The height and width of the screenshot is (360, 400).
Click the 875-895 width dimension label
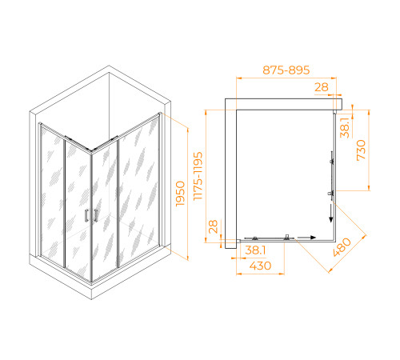(x=286, y=70)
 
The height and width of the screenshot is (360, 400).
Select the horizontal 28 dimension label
(x=322, y=87)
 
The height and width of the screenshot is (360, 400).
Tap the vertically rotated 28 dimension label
(x=214, y=226)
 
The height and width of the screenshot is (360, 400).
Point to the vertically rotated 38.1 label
(x=345, y=128)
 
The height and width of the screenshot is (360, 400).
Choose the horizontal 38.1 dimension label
(x=255, y=250)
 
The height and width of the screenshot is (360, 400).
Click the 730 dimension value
(x=361, y=150)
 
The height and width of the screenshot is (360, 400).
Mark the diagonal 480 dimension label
(x=342, y=247)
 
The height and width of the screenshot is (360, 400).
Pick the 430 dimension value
(x=260, y=266)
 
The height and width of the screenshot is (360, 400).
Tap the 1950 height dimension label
(x=180, y=194)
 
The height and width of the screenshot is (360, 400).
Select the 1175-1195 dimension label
(x=198, y=176)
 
